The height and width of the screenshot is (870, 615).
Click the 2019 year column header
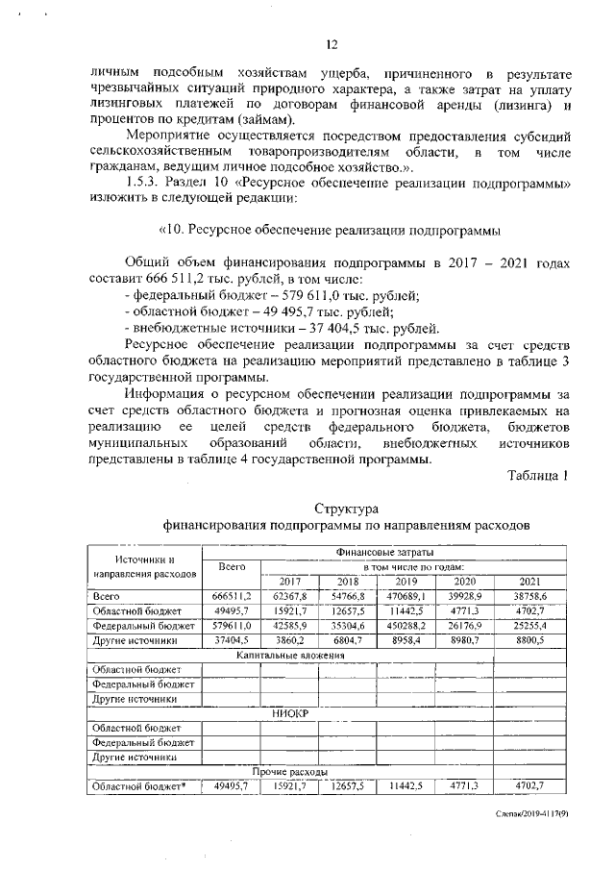pos(406,581)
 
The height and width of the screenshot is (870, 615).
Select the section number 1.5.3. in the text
pos(146,185)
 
